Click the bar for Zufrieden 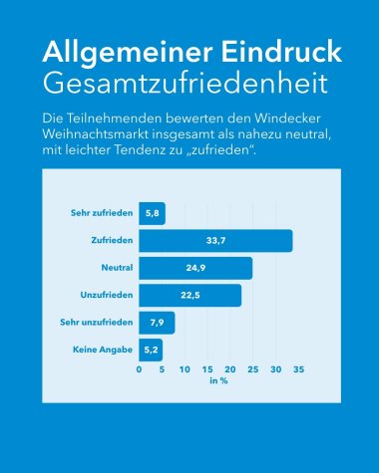pyautogui.click(x=215, y=241)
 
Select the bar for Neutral pyautogui.click(x=195, y=268)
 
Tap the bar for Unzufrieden pyautogui.click(x=189, y=296)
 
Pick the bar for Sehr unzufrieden pyautogui.click(x=157, y=323)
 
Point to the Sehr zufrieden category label pyautogui.click(x=100, y=213)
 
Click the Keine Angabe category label pyautogui.click(x=103, y=351)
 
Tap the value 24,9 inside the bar pyautogui.click(x=195, y=268)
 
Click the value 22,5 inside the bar pyautogui.click(x=190, y=296)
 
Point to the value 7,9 pyautogui.click(x=157, y=323)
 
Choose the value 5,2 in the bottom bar pyautogui.click(x=151, y=351)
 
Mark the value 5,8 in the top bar pyautogui.click(x=153, y=213)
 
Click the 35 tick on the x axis pyautogui.click(x=298, y=369)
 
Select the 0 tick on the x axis pyautogui.click(x=140, y=369)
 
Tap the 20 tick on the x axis pyautogui.click(x=230, y=369)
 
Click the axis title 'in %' pyautogui.click(x=218, y=381)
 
